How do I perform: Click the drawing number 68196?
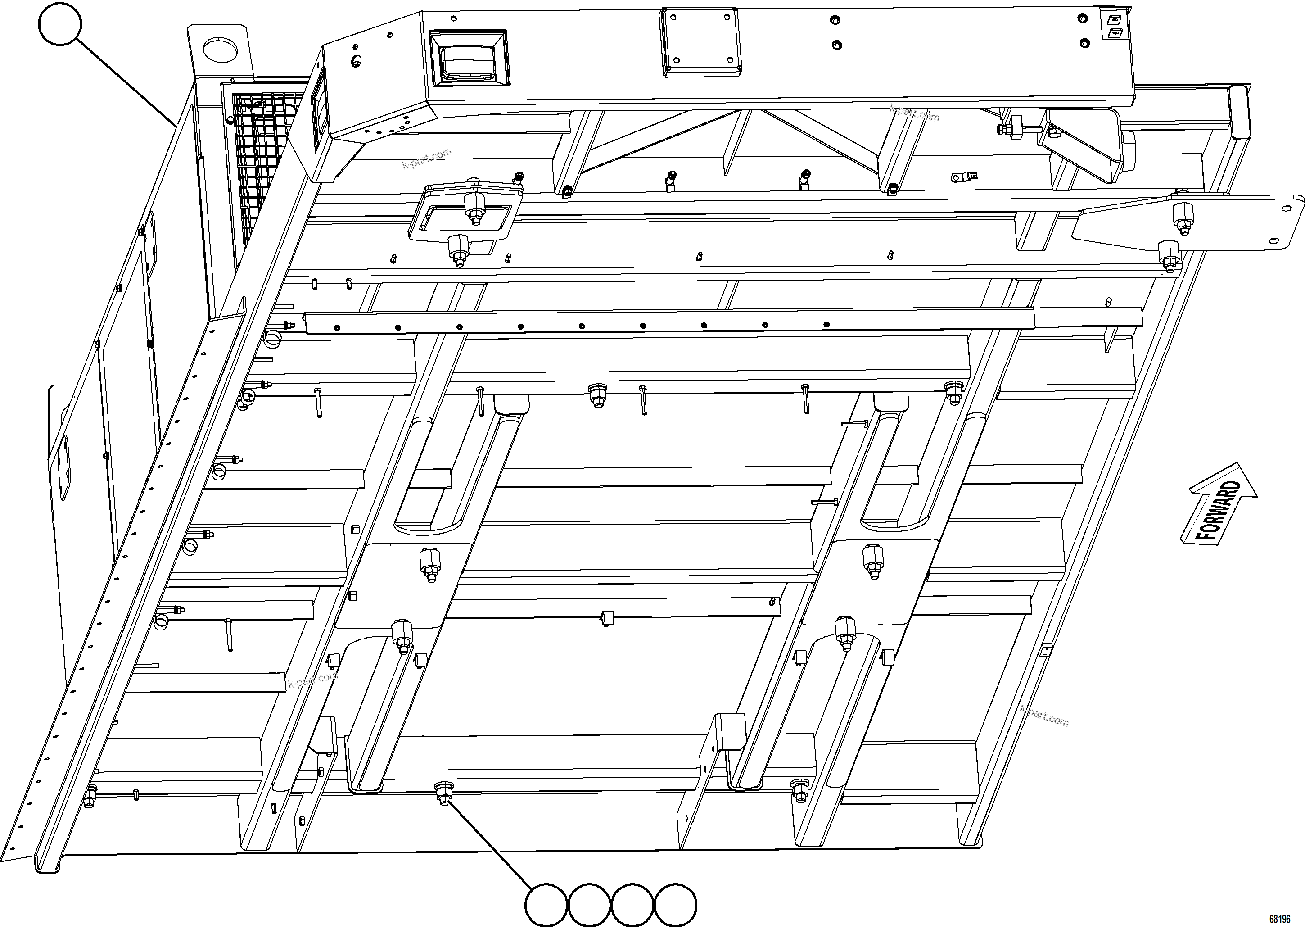(x=1279, y=919)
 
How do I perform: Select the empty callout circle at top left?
(x=60, y=23)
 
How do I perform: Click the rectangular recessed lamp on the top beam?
(x=469, y=59)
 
